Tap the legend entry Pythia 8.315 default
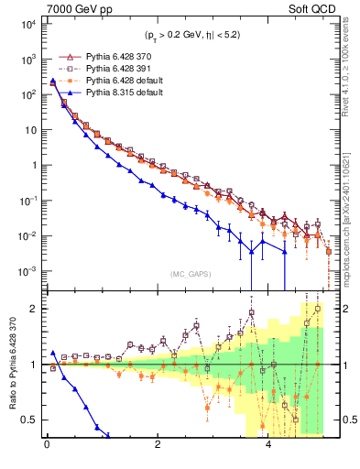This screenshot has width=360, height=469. click(128, 92)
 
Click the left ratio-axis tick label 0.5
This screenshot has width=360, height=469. click(31, 420)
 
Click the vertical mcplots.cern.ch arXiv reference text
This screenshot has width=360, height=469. click(347, 206)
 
